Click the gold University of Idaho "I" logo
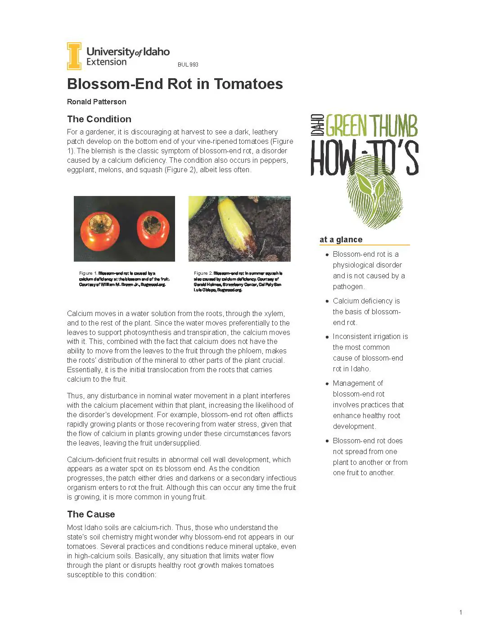[74, 56]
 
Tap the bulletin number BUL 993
[188, 65]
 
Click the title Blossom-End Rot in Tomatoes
[175, 84]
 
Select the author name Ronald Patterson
[96, 102]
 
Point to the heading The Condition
[99, 119]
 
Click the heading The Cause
[91, 514]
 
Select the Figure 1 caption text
[124, 279]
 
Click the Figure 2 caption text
[238, 281]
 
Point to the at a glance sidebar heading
[341, 240]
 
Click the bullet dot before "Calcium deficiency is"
[327, 301]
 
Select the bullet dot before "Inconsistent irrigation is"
[327, 337]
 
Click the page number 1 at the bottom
[461, 612]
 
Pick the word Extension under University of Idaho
[106, 62]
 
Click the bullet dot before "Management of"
[327, 383]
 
